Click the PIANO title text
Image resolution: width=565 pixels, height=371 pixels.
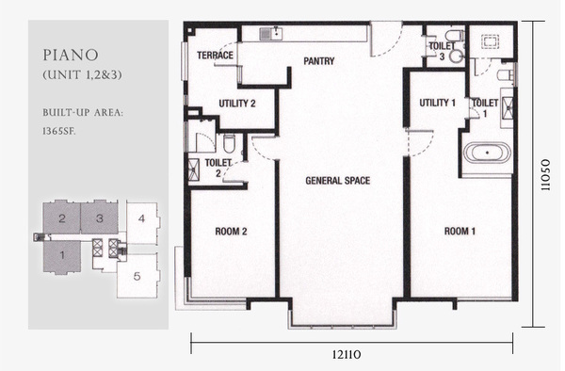pyautogui.click(x=71, y=56)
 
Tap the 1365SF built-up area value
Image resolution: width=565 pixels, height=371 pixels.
pyautogui.click(x=59, y=131)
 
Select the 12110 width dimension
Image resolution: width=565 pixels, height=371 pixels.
pyautogui.click(x=346, y=355)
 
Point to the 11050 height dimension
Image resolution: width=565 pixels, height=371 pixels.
pyautogui.click(x=545, y=175)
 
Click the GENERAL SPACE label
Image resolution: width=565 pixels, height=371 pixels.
pyautogui.click(x=338, y=181)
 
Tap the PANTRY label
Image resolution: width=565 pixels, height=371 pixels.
pyautogui.click(x=319, y=61)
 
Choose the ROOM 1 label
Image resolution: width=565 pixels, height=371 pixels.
pyautogui.click(x=460, y=231)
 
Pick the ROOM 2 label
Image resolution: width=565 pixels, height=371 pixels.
pyautogui.click(x=231, y=232)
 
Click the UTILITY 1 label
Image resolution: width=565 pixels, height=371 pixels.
pyautogui.click(x=438, y=103)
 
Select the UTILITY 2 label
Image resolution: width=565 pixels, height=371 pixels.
pyautogui.click(x=237, y=104)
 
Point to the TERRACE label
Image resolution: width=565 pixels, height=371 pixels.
pyautogui.click(x=215, y=56)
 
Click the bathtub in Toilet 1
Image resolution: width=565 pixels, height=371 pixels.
pyautogui.click(x=487, y=153)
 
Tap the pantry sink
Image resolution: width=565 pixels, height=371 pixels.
pyautogui.click(x=271, y=34)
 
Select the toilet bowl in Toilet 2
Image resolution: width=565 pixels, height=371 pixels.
pyautogui.click(x=229, y=143)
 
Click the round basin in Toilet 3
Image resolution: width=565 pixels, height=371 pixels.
pyautogui.click(x=456, y=56)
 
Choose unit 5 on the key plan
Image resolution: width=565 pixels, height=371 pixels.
pyautogui.click(x=137, y=276)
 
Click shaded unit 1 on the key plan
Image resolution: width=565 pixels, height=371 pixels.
pyautogui.click(x=62, y=256)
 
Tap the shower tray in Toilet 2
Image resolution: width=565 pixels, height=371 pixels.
pyautogui.click(x=193, y=169)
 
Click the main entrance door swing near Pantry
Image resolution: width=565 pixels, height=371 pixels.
pyautogui.click(x=386, y=40)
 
